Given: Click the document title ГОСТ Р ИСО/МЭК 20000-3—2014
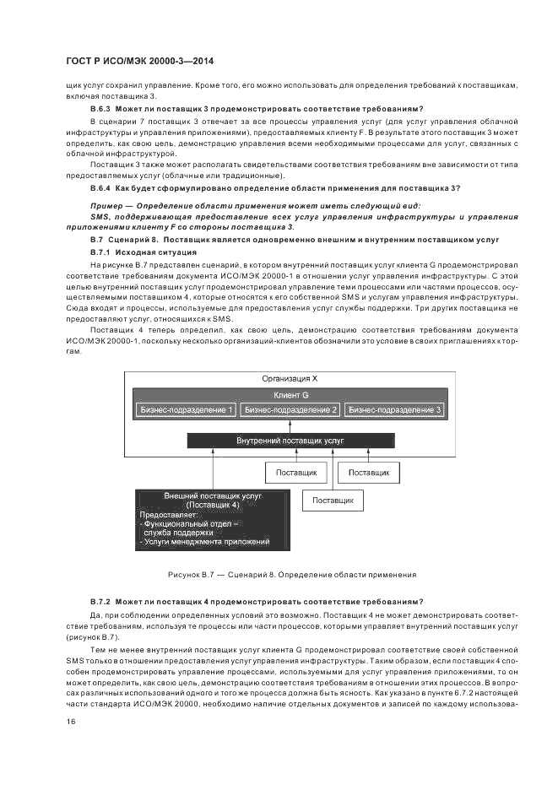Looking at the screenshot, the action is pyautogui.click(x=139, y=62).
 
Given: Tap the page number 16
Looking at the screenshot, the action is pyautogui.click(x=71, y=722).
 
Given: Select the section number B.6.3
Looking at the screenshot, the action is pyautogui.click(x=100, y=108).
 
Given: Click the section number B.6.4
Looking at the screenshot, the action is pyautogui.click(x=100, y=188).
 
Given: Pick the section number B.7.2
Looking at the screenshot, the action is pyautogui.click(x=100, y=602).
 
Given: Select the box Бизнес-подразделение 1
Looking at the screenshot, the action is pyautogui.click(x=187, y=410).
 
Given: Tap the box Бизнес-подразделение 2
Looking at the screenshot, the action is pyautogui.click(x=290, y=410).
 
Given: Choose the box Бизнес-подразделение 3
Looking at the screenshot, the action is pyautogui.click(x=395, y=410).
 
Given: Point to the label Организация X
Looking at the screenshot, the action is pyautogui.click(x=290, y=378).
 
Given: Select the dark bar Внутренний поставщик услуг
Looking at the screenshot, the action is pyautogui.click(x=290, y=441).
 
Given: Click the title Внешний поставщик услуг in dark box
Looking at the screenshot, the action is pyautogui.click(x=213, y=495).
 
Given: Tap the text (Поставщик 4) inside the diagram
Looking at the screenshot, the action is pyautogui.click(x=213, y=505).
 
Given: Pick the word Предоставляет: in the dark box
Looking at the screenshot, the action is pyautogui.click(x=168, y=514).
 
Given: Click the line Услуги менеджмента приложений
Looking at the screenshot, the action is pyautogui.click(x=204, y=542).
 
